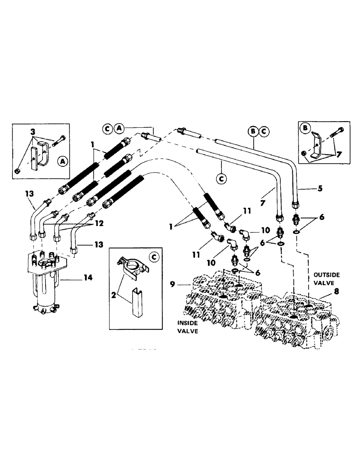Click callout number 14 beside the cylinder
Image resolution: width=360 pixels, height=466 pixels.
(88, 277)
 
